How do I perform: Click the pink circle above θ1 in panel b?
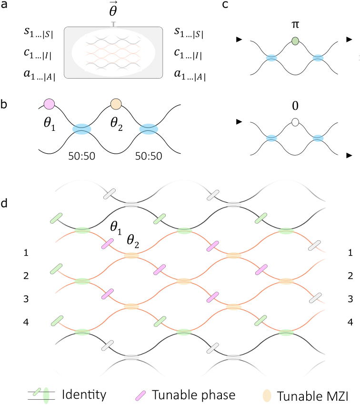[49, 104]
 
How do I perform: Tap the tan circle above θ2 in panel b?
[116, 104]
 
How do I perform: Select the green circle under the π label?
[295, 41]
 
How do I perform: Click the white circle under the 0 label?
[295, 122]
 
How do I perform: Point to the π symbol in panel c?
[295, 25]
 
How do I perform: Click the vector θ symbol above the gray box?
[113, 10]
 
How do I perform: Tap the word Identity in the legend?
[84, 395]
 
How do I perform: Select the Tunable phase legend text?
[193, 395]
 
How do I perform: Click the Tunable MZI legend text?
[312, 396]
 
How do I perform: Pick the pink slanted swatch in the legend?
[140, 395]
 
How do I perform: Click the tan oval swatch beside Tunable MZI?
[267, 395]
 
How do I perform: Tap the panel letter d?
[4, 203]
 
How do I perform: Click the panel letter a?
[4, 5]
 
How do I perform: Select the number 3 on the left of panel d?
[26, 299]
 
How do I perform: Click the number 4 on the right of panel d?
[350, 322]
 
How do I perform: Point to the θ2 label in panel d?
[133, 241]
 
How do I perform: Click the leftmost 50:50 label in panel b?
[81, 156]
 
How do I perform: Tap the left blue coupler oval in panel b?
[81, 129]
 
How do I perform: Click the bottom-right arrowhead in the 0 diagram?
[349, 155]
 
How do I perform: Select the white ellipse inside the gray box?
[113, 52]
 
